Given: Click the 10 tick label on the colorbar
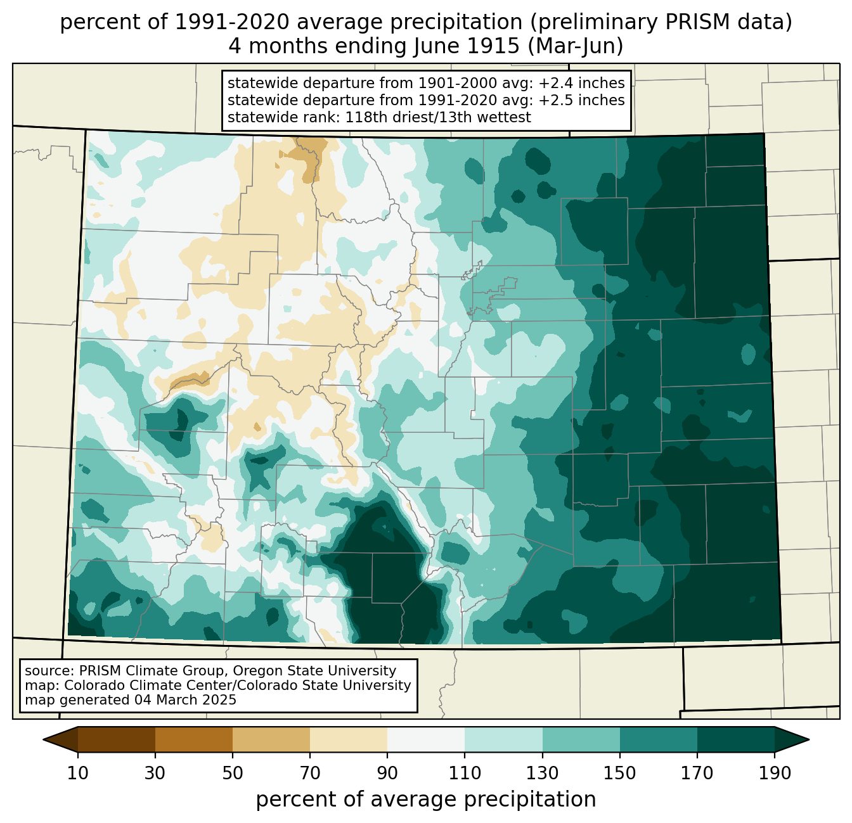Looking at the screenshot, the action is click(x=77, y=773).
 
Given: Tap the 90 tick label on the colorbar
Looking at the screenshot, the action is click(x=387, y=773).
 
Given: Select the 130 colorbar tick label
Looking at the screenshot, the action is click(x=542, y=773).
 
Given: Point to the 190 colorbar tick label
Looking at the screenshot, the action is click(x=775, y=773).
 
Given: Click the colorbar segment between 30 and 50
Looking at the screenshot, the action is click(x=193, y=739).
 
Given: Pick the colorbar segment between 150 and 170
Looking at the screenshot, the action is click(x=658, y=739).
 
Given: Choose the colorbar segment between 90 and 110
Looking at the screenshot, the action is click(x=426, y=739).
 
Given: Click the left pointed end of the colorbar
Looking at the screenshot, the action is click(x=43, y=739).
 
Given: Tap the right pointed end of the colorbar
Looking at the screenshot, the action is click(x=808, y=739).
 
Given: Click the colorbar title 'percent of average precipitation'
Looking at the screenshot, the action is click(x=425, y=800).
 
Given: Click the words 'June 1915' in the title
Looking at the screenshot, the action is click(x=467, y=46).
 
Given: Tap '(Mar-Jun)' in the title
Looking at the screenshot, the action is click(x=576, y=46).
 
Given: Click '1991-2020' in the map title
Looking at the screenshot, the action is click(x=231, y=22).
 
